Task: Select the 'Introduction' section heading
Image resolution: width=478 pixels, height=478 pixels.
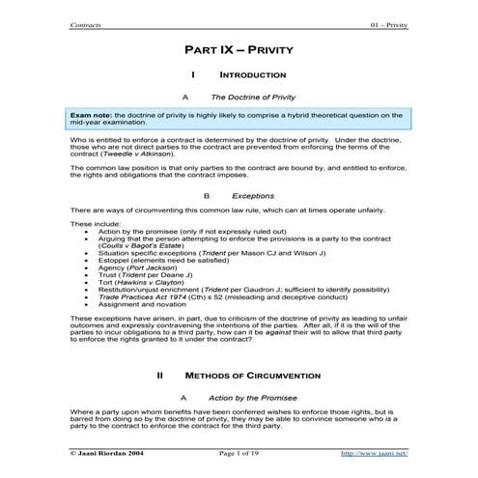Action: [x=252, y=74]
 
